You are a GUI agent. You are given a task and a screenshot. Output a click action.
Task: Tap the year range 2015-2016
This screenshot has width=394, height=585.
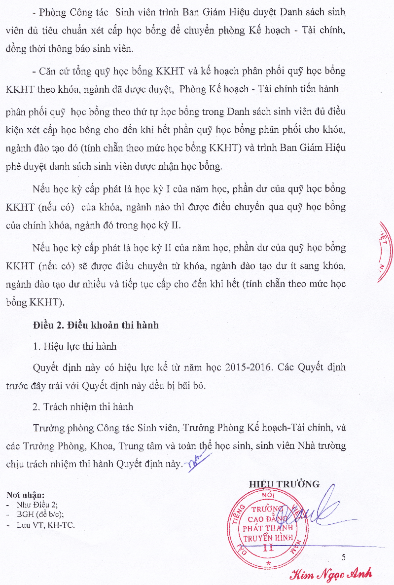[x=251, y=367]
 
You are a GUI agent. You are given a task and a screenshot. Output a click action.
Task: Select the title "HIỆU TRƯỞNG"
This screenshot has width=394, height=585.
[x=284, y=484]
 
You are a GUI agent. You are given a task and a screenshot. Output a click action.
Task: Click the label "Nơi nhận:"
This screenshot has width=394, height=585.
[x=25, y=495]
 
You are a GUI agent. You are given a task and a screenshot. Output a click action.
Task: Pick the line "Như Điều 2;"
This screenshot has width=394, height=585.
[x=37, y=505]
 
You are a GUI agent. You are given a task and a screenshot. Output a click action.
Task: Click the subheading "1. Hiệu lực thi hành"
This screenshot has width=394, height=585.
[x=74, y=346]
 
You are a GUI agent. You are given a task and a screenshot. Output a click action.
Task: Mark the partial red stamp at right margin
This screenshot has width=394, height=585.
[x=385, y=252]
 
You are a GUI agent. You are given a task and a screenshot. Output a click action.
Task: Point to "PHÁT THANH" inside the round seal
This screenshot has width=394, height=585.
[x=268, y=527]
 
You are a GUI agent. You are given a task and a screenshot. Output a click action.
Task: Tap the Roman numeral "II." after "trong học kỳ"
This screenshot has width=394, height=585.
[x=176, y=226]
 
